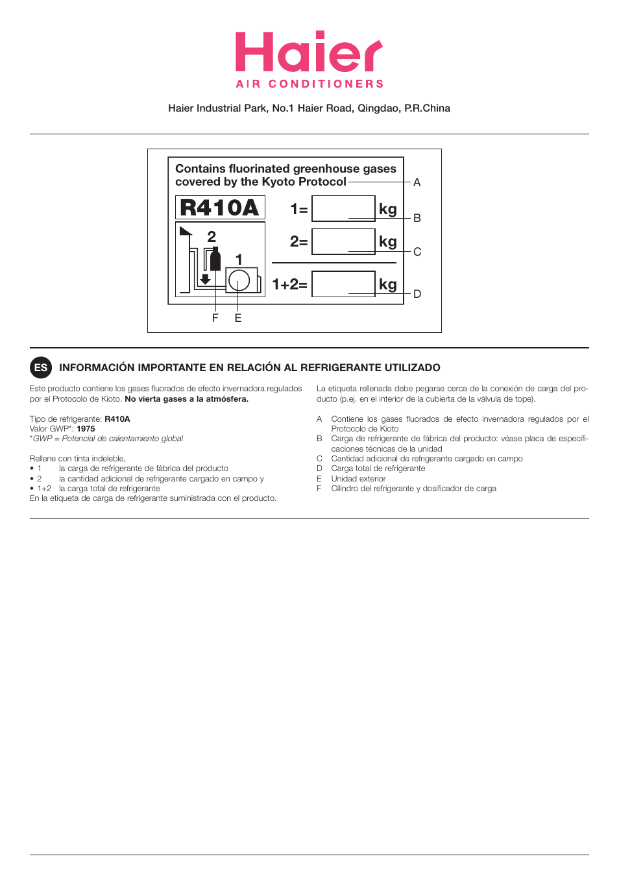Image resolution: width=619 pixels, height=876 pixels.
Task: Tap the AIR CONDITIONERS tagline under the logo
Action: click(309, 84)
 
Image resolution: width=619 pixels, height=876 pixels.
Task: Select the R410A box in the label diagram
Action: click(220, 208)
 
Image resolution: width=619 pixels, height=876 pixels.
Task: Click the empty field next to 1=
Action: click(343, 209)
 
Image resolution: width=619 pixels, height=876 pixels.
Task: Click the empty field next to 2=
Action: click(343, 241)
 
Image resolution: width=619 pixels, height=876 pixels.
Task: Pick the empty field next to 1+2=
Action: click(343, 284)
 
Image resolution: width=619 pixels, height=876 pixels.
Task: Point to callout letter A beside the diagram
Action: click(417, 182)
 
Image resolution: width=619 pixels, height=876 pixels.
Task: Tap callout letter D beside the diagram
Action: click(417, 294)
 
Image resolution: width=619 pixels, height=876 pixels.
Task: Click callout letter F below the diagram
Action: click(215, 318)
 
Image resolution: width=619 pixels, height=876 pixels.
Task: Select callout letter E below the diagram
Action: click(238, 318)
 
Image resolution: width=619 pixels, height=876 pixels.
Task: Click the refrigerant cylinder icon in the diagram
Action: click(215, 260)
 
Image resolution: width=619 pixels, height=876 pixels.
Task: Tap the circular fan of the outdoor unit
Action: click(239, 280)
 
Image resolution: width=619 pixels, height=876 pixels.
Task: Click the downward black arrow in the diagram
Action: click(205, 279)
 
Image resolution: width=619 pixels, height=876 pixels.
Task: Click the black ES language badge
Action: click(41, 367)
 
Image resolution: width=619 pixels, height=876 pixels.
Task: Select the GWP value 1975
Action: click(86, 429)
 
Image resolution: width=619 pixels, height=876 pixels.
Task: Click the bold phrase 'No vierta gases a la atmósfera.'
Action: click(186, 399)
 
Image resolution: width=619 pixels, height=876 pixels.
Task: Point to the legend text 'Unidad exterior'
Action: click(358, 479)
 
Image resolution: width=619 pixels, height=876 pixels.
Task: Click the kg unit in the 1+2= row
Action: click(387, 284)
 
